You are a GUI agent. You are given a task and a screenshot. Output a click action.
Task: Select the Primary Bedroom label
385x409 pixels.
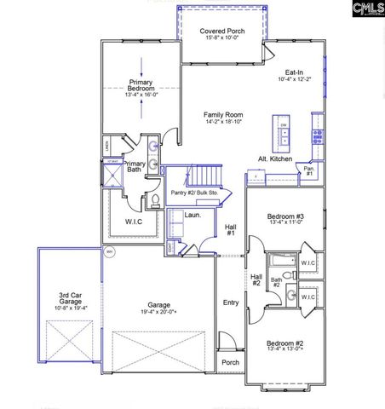[140, 84]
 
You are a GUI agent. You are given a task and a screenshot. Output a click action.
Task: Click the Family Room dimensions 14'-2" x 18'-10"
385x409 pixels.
[221, 122]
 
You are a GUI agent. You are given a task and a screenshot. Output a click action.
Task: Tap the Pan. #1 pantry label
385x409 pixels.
[309, 172]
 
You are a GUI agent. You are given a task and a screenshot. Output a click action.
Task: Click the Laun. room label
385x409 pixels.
[192, 215]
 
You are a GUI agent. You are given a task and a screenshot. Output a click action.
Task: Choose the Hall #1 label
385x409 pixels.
[230, 229]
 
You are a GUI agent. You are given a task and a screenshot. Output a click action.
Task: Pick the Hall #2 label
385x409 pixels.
[256, 279]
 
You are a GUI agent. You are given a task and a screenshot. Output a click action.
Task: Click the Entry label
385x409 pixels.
[231, 302]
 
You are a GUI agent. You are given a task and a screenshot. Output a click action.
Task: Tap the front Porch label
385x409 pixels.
[231, 362]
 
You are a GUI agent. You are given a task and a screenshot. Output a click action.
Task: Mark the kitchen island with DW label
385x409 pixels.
[283, 132]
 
